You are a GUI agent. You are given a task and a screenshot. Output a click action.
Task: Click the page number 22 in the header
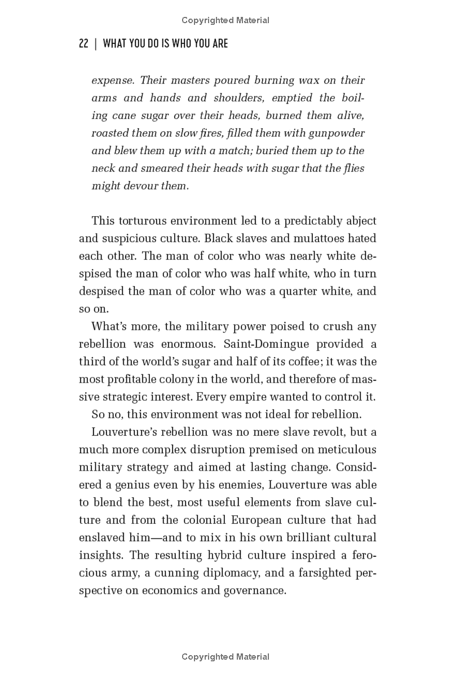(83, 43)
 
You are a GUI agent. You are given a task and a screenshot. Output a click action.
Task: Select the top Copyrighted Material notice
(225, 20)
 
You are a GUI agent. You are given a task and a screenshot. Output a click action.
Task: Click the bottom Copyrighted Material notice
(225, 657)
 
